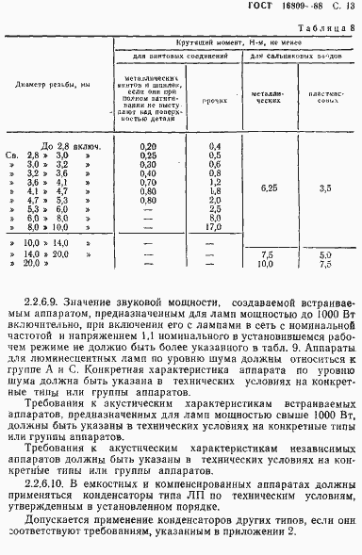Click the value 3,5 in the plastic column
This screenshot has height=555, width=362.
click(325, 188)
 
